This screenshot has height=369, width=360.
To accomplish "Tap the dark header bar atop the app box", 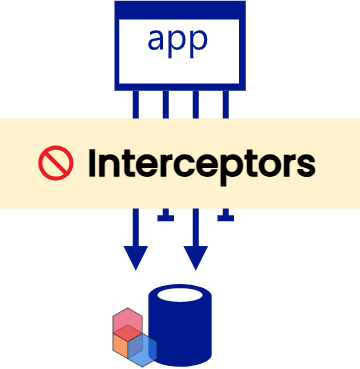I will coord(180,8).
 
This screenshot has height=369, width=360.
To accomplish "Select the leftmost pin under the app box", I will coord(135,105).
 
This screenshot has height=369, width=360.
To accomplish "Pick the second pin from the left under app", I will coord(165,105).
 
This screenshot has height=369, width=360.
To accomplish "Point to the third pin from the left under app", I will coord(196,105).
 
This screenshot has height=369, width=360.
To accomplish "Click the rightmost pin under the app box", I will coord(226,105).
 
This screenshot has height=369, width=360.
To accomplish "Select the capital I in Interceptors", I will coord(94,162).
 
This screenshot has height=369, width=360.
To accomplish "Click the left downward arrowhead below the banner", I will coord(135,257).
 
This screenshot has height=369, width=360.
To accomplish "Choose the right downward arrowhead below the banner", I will coord(196,257).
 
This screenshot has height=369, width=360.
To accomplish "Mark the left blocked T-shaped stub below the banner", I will coord(165,215).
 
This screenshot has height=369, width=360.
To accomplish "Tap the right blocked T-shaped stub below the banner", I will coord(226,215).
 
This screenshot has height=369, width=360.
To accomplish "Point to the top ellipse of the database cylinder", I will coord(181,297).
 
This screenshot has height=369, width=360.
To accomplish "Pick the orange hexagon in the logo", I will coord(121,345).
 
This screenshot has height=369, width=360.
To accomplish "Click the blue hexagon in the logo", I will coord(142,346).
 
